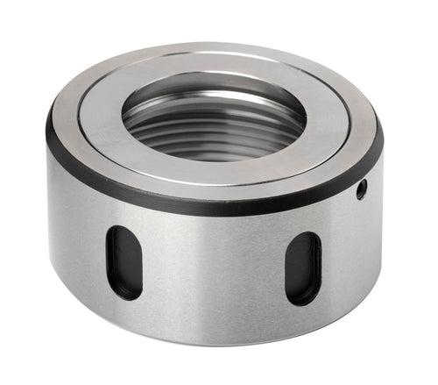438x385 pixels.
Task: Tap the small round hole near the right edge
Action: tap(361, 189)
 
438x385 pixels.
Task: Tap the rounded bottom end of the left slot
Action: tap(124, 293)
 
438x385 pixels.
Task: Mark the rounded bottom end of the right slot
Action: tap(303, 298)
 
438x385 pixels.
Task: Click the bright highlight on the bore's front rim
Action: tap(210, 166)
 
